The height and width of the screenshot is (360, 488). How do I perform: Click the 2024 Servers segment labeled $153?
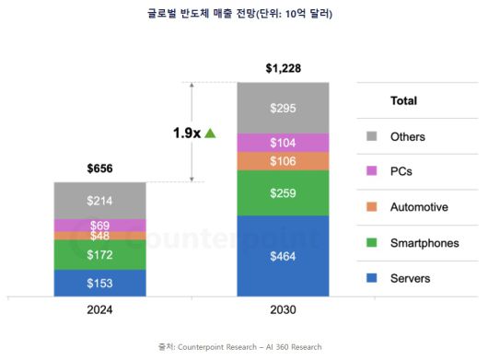(99, 283)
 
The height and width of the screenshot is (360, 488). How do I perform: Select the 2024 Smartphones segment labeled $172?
(99, 254)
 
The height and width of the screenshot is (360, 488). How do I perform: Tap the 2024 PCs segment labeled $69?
(99, 225)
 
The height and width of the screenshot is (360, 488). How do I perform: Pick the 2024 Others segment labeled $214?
(99, 200)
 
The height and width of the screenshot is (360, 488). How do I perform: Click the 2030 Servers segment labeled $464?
(283, 256)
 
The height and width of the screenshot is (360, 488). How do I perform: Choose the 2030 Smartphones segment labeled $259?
(283, 193)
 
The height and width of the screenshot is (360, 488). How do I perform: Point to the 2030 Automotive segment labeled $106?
(283, 162)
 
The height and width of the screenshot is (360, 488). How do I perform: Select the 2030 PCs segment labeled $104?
(283, 143)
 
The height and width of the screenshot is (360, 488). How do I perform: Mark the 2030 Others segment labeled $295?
(283, 108)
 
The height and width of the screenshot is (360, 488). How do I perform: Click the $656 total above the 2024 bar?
(99, 168)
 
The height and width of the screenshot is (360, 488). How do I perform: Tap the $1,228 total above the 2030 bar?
(283, 68)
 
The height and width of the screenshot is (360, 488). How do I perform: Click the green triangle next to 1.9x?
(210, 133)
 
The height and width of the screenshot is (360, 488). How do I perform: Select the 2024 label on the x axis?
(99, 310)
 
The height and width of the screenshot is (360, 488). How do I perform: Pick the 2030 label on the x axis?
(283, 310)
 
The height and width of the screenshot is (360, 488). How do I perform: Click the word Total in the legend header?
(403, 100)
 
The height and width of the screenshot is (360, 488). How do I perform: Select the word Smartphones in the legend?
(424, 243)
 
